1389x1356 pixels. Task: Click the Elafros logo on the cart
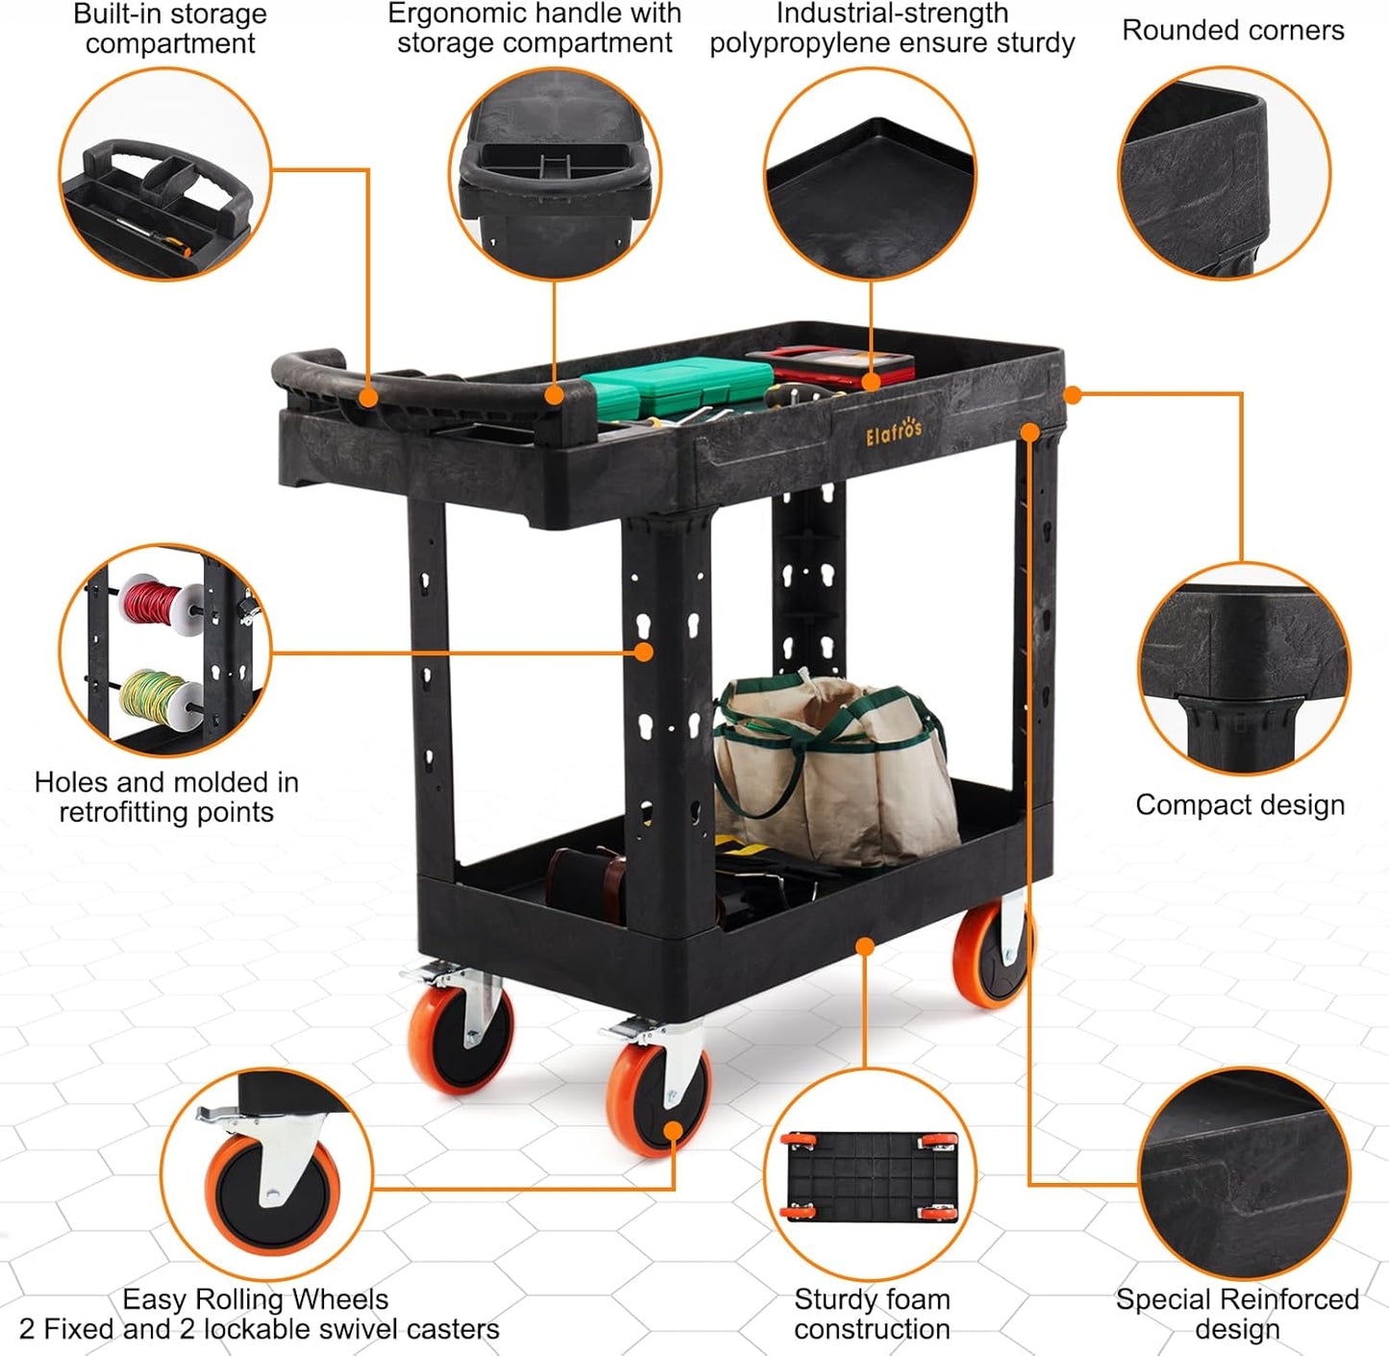click(893, 432)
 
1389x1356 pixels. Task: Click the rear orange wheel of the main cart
click(990, 955)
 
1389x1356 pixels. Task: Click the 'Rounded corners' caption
click(1232, 31)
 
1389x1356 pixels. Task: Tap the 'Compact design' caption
click(1239, 804)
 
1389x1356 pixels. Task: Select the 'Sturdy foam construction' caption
click(872, 1314)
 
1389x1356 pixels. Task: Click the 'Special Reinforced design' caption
click(1237, 1314)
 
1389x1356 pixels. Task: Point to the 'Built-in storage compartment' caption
click(170, 29)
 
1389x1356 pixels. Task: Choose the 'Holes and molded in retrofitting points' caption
click(166, 797)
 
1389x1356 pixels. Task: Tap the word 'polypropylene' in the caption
click(804, 44)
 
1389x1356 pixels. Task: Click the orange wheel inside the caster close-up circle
click(271, 1193)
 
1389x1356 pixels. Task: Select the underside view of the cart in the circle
click(871, 1175)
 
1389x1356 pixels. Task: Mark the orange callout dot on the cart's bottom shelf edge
click(865, 948)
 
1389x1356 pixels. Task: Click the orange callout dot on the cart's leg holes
click(644, 652)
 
